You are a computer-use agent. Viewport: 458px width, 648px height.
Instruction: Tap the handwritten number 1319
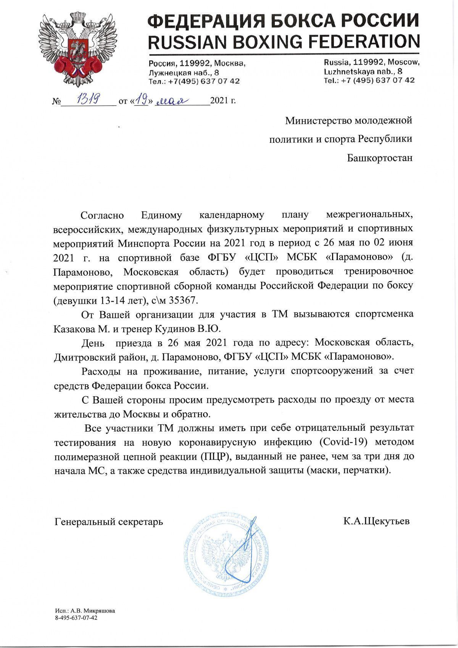click(89, 100)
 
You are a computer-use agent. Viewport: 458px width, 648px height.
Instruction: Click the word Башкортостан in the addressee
click(380, 158)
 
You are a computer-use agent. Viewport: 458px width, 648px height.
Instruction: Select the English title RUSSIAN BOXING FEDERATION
click(284, 41)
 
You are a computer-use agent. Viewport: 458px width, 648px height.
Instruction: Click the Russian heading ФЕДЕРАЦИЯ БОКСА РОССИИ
click(284, 19)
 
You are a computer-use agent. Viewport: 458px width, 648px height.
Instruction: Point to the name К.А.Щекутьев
click(376, 521)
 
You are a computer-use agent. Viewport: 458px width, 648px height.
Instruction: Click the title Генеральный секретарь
click(109, 522)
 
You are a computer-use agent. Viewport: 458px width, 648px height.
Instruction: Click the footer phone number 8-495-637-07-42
click(76, 617)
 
